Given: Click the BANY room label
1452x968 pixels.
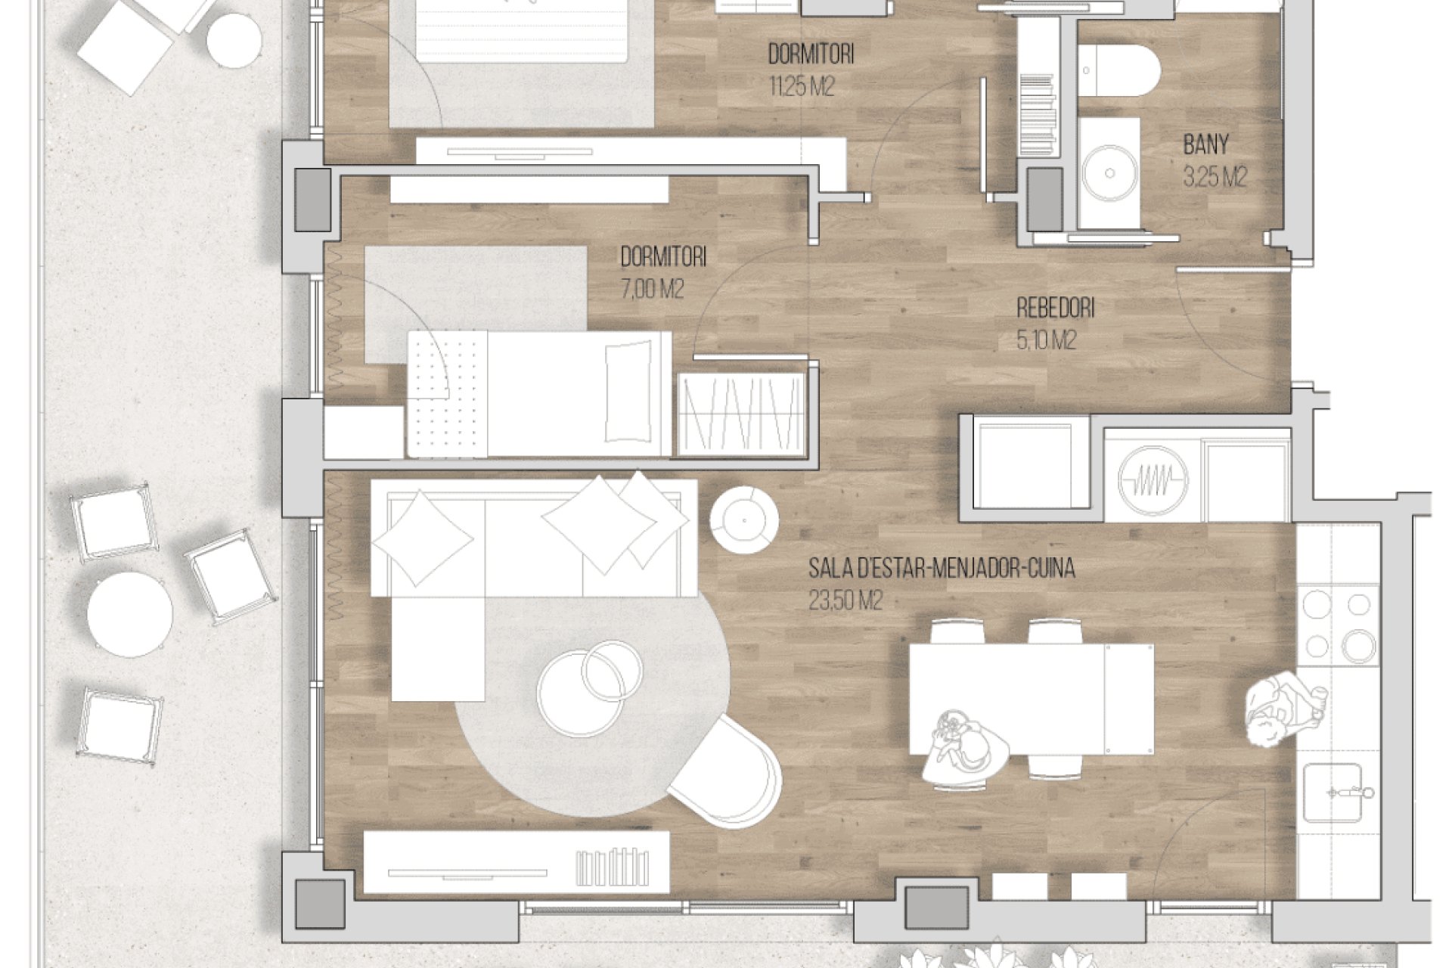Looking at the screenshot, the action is pos(1206,144).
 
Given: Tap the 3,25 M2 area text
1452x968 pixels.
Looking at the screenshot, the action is pos(1215,178).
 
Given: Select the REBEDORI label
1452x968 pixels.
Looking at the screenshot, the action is pos(1056,309).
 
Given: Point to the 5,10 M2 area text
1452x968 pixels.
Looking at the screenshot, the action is pos(1047,342).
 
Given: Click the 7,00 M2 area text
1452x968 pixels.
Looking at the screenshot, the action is pos(652,290).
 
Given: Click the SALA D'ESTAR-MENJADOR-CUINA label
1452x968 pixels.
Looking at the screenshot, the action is pos(942,568).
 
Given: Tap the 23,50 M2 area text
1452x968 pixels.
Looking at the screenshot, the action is pos(845,601).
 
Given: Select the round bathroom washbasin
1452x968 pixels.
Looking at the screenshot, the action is pos(1109,173).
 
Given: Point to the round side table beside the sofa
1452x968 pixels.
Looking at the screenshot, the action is pos(744,520).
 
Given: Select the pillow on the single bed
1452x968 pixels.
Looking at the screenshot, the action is pos(628,392).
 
